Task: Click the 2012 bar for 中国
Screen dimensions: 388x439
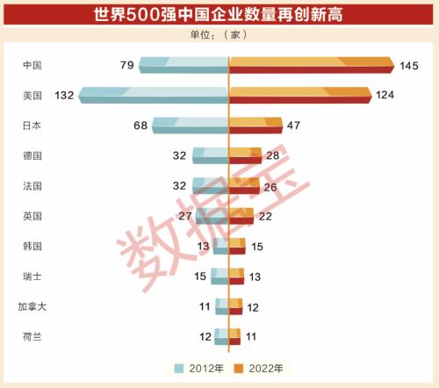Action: click(x=184, y=65)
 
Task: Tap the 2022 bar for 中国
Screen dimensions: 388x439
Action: click(x=311, y=65)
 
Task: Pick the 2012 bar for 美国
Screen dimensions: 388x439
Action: click(x=154, y=95)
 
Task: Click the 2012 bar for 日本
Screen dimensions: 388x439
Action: click(x=191, y=126)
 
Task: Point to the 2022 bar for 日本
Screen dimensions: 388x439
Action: click(x=255, y=126)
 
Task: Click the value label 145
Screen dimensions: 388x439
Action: click(x=410, y=65)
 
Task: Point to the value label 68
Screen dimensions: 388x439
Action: click(x=140, y=126)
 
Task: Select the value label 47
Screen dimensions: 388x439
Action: click(x=293, y=126)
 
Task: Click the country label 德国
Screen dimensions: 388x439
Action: click(x=33, y=155)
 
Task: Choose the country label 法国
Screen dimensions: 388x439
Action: click(x=33, y=185)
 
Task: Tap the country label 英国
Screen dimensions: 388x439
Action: click(x=33, y=216)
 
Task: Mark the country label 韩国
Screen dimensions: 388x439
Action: click(x=33, y=246)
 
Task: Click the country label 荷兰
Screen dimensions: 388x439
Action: click(x=33, y=336)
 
